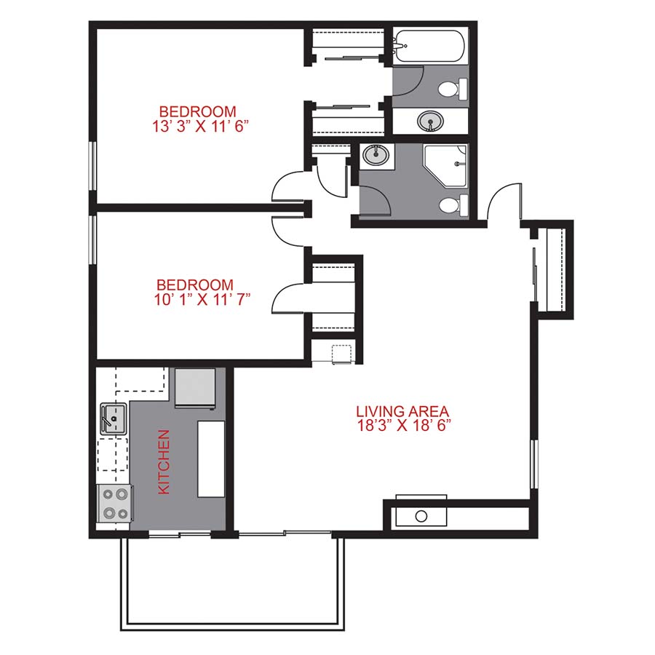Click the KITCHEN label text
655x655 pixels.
pos(164,462)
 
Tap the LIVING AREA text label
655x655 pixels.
pos(401,410)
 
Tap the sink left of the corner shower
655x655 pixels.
pos(376,154)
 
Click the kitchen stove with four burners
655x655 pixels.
pos(114,503)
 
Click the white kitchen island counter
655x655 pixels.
pos(212,459)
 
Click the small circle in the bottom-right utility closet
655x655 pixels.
pos(421,516)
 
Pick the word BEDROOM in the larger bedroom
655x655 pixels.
pos(197,112)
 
